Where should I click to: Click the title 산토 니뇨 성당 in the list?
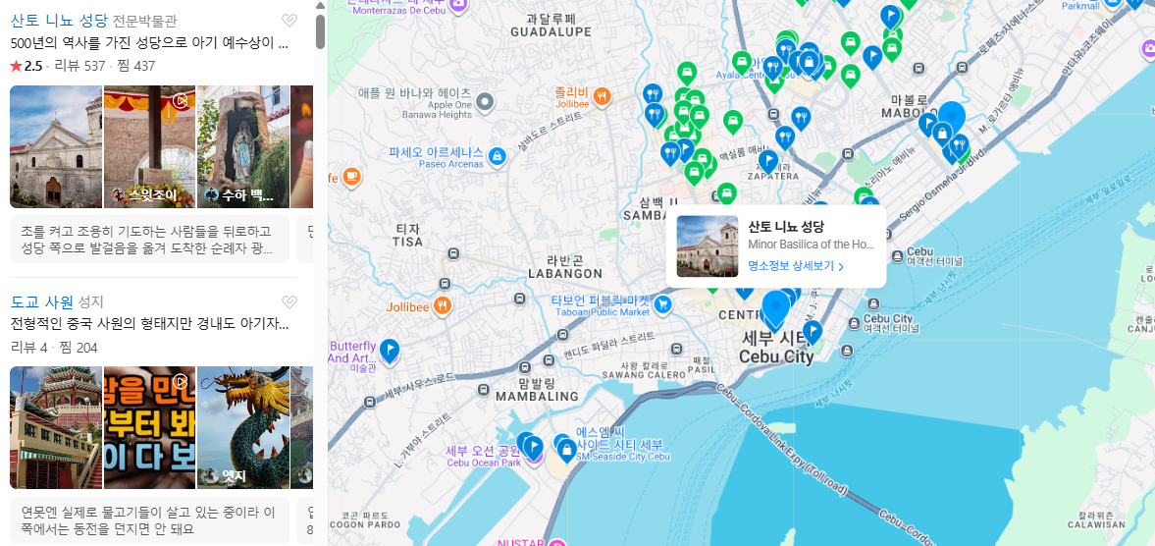point(59,20)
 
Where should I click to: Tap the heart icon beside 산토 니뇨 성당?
point(289,21)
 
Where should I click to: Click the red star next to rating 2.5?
point(16,66)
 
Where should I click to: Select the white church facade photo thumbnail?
point(56,146)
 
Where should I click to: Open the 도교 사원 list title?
point(42,301)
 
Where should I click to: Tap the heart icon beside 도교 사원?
point(289,302)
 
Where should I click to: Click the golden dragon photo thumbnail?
point(243,427)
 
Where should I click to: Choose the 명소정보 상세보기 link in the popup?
point(795,265)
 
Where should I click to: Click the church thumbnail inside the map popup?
point(707,246)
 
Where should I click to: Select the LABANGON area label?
point(564,273)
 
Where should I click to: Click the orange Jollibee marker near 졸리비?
point(603,96)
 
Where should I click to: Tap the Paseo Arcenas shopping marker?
point(498,157)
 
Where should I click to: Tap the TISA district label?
point(407,241)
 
